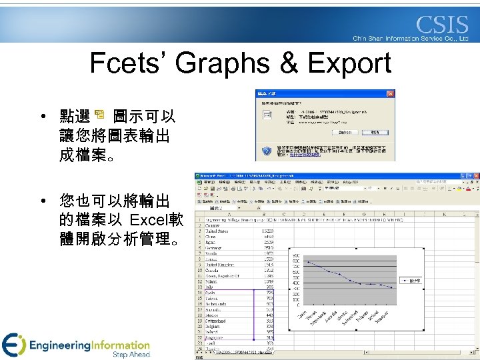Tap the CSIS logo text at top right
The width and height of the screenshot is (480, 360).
442,25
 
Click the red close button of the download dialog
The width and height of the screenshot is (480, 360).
391,93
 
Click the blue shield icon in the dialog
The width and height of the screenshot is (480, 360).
265,150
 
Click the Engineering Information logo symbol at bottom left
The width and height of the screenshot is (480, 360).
13,345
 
